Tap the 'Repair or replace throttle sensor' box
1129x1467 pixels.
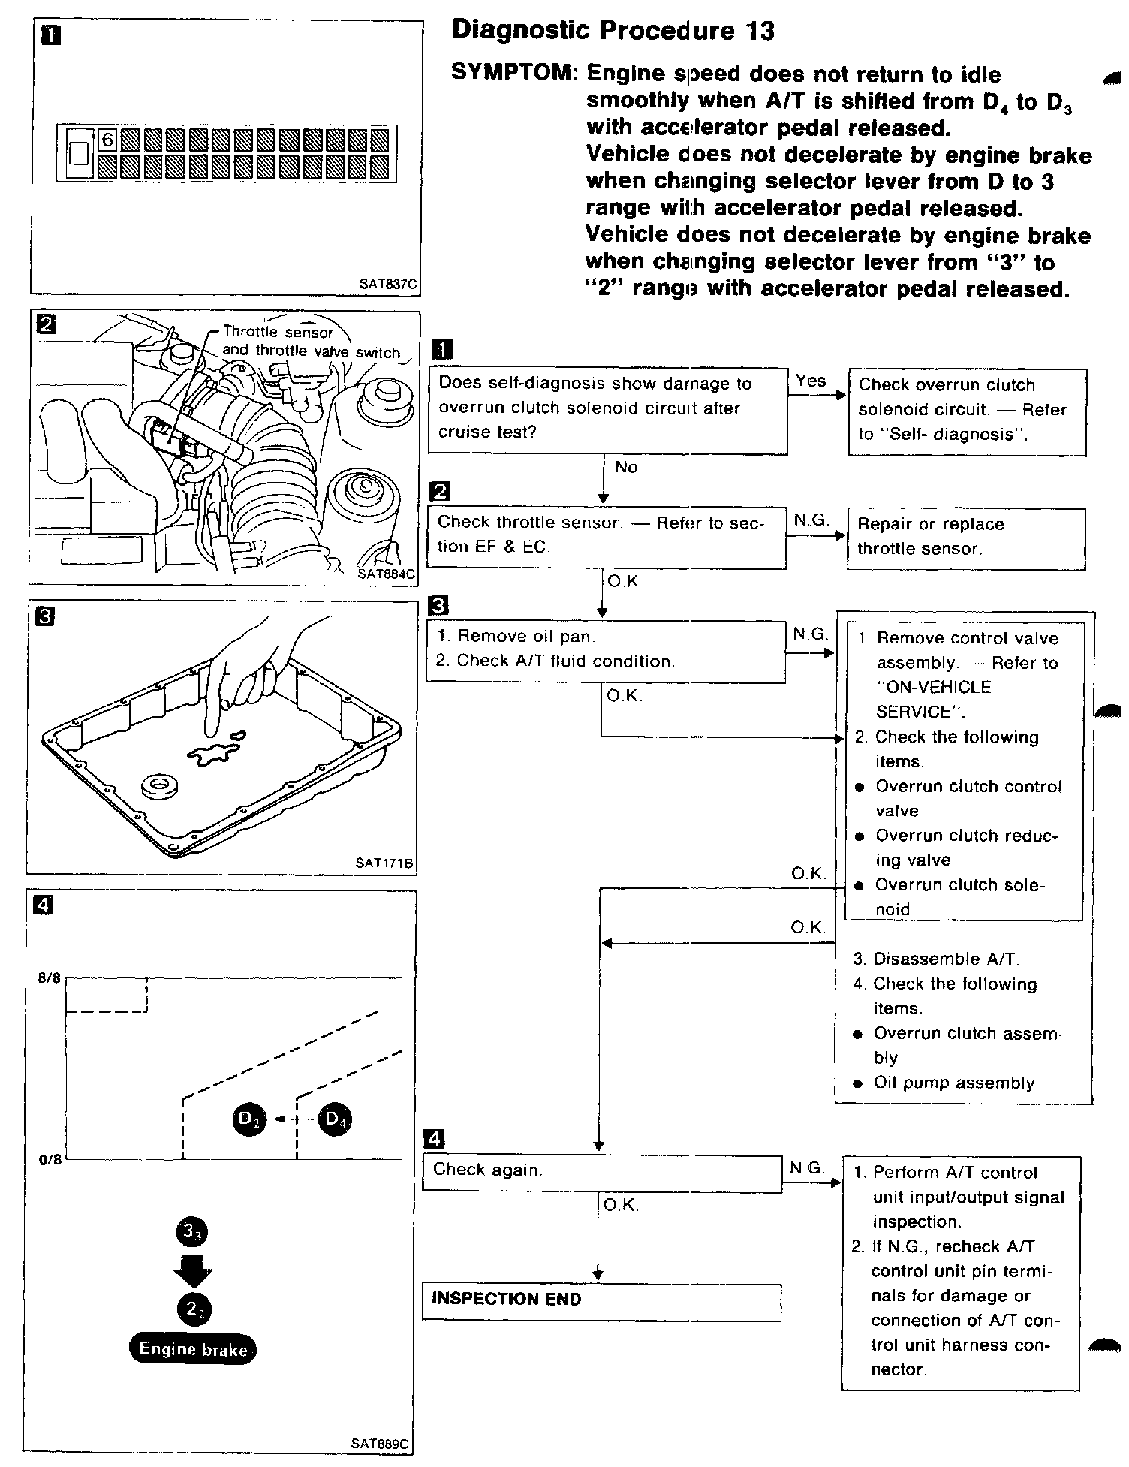tap(966, 538)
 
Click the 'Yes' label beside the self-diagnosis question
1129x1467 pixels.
tap(811, 381)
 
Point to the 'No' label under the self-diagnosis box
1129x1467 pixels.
tap(626, 468)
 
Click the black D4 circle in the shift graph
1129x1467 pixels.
tap(335, 1119)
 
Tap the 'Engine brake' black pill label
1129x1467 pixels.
tap(193, 1349)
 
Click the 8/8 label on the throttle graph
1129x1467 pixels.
tap(50, 978)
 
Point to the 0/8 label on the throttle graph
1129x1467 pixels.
tap(50, 1159)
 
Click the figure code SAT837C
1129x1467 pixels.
tap(387, 285)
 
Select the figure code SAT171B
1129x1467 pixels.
tap(384, 863)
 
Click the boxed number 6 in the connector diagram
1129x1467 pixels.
tap(107, 140)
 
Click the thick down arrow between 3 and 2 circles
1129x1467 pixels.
tap(193, 1273)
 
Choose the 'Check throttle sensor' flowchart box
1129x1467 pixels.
tap(607, 535)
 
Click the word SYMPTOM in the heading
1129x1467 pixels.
tap(514, 74)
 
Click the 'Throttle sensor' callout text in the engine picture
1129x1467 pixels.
tap(278, 333)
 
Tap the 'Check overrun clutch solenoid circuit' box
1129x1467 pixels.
tap(967, 411)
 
